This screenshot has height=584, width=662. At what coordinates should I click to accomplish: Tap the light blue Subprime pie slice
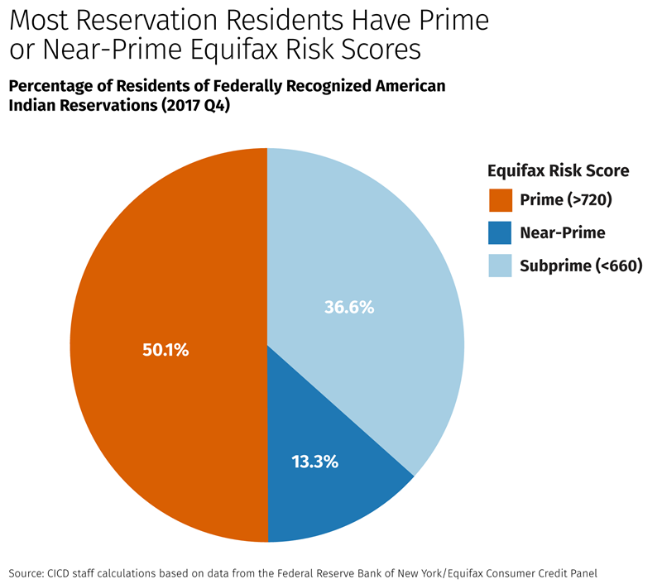(372, 248)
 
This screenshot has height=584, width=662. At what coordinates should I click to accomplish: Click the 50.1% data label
(166, 350)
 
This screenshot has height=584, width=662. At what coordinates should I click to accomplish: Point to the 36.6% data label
(348, 307)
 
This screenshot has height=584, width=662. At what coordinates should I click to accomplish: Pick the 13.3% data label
(315, 462)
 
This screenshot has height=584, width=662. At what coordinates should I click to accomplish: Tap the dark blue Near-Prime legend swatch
(500, 232)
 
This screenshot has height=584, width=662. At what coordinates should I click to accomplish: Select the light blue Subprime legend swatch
(500, 266)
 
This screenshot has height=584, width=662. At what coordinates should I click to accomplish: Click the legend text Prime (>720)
(566, 199)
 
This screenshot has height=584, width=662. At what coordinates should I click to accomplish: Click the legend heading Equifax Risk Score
(558, 170)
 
